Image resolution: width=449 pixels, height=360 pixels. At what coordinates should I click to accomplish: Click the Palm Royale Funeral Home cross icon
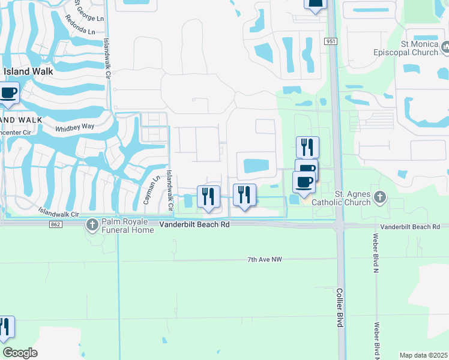pos(92,225)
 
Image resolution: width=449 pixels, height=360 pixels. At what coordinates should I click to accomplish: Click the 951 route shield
pos(331,41)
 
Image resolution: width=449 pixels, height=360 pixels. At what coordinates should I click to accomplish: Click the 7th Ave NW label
pos(265,259)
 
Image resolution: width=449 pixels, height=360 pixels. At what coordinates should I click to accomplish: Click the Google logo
pos(20,353)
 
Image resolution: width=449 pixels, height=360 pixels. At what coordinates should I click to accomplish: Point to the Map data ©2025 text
pos(423,355)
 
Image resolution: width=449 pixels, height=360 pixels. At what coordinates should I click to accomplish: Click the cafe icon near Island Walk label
pos(8,93)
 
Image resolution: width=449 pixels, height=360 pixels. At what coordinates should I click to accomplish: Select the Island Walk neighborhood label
pos(28,71)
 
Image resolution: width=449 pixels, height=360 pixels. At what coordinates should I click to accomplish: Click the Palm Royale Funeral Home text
pos(127,225)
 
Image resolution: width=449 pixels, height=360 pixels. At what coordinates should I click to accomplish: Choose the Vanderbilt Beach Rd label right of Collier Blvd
pos(414,227)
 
